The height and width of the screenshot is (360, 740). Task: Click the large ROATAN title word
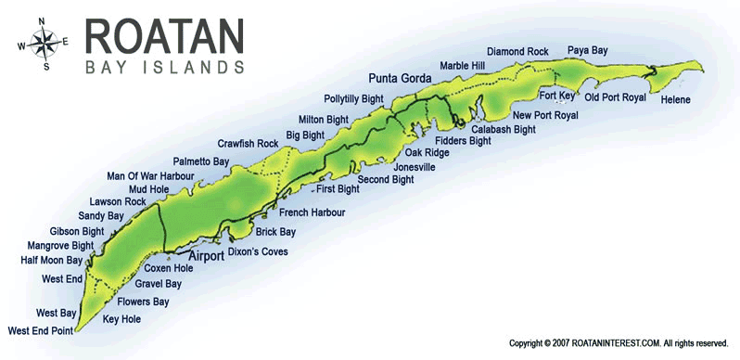(165, 36)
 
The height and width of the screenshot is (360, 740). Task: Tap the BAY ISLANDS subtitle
(165, 68)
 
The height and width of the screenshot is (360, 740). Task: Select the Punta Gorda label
(401, 79)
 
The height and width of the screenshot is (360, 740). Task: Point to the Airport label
(207, 256)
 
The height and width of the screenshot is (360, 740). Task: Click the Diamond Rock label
(518, 51)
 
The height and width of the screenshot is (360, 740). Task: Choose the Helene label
(675, 99)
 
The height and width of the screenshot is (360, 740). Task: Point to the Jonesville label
(415, 167)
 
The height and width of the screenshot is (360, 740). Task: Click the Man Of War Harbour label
(150, 175)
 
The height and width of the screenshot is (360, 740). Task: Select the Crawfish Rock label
(248, 144)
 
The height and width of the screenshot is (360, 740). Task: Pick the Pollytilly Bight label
(353, 98)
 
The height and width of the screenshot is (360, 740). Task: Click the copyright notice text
(618, 343)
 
